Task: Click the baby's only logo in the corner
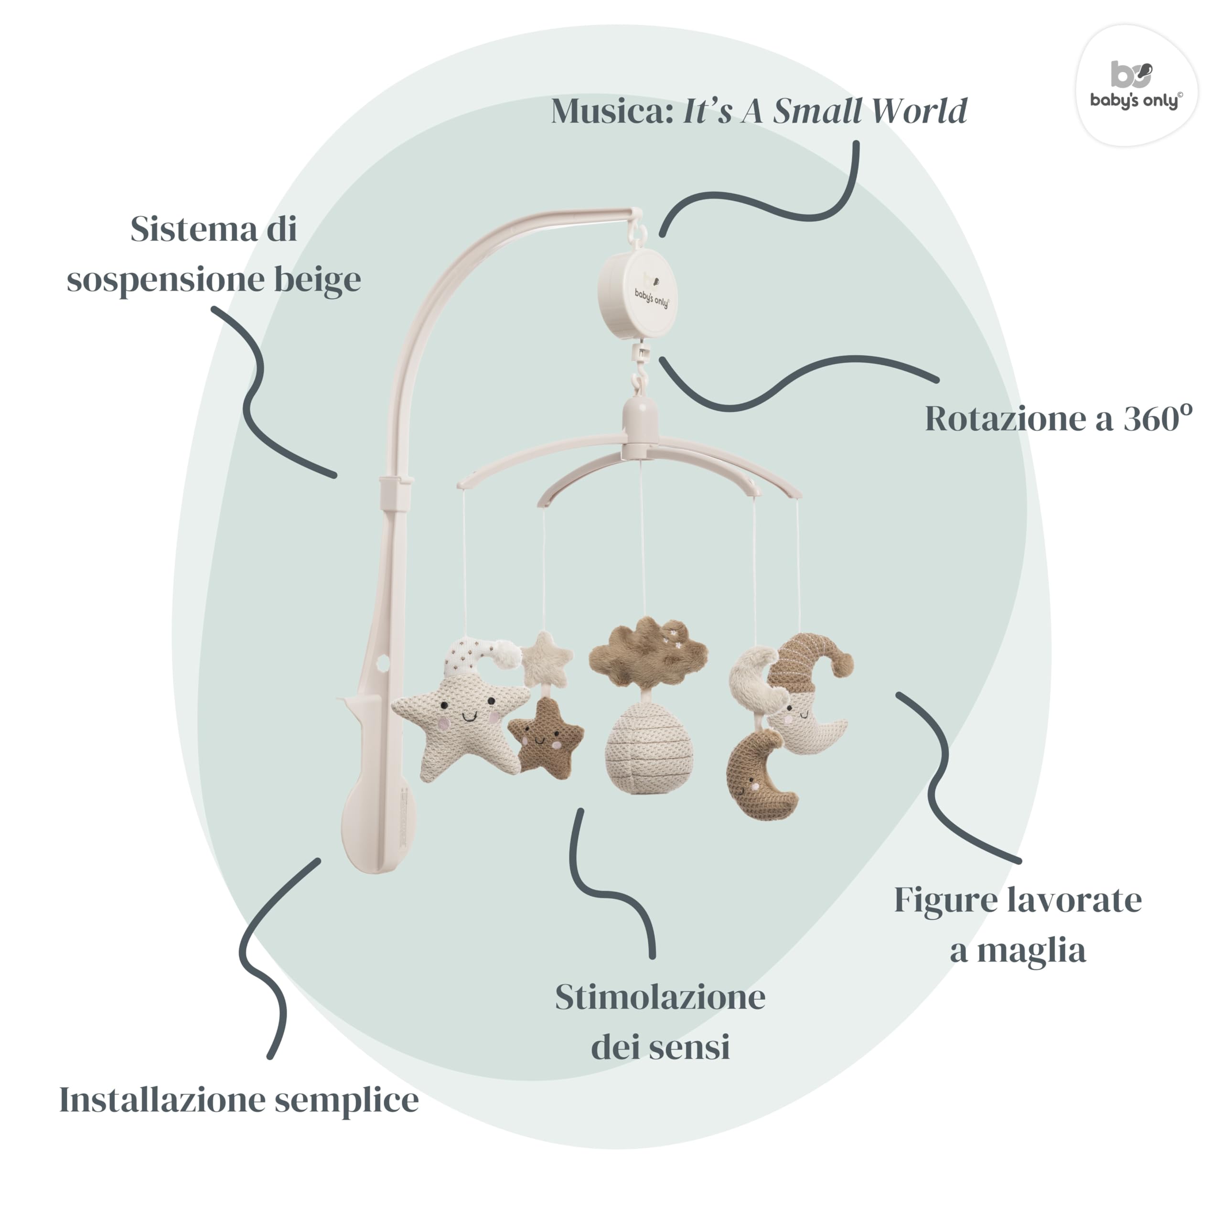pyautogui.click(x=1136, y=86)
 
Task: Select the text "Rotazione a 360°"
pyautogui.click(x=1058, y=418)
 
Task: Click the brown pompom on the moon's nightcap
pyautogui.click(x=841, y=665)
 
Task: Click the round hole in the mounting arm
pyautogui.click(x=382, y=663)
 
